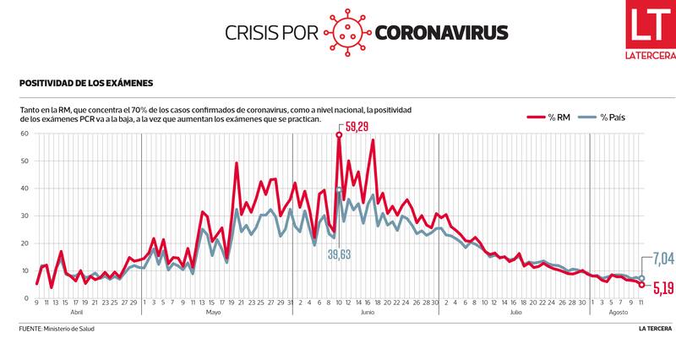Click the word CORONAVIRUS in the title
click(x=440, y=33)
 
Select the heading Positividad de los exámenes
click(x=85, y=84)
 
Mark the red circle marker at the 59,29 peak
click(x=339, y=134)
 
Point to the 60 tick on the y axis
click(x=25, y=133)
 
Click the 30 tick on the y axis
click(x=25, y=215)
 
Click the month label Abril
click(x=77, y=313)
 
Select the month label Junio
click(x=367, y=313)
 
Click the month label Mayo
click(x=214, y=313)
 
